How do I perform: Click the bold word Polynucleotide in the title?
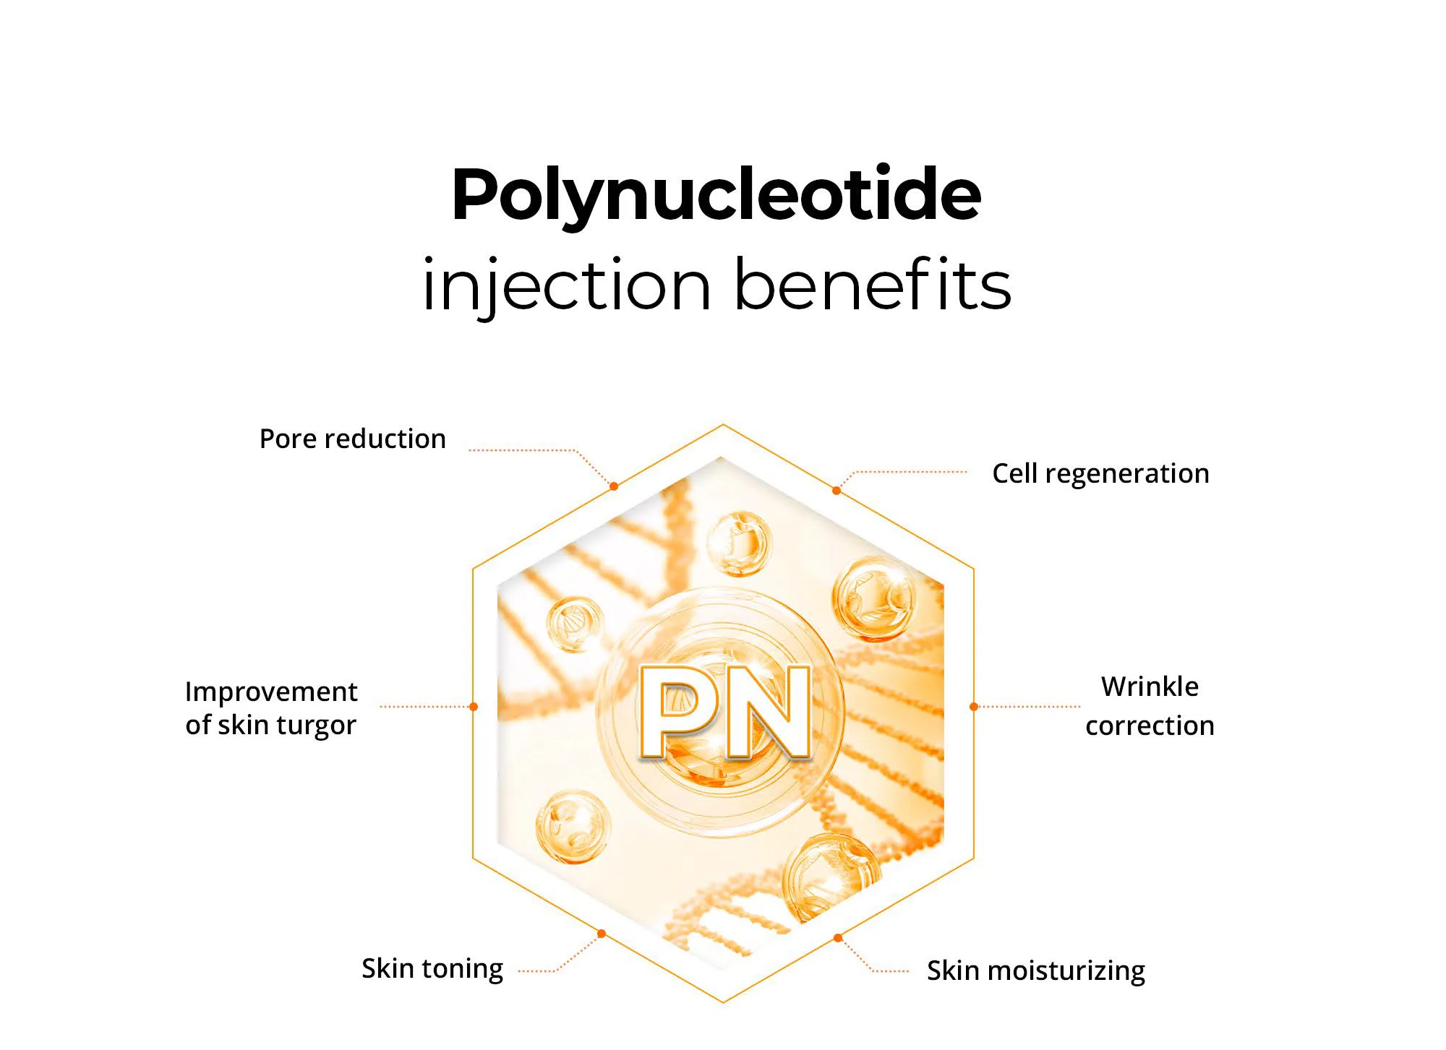[716, 195]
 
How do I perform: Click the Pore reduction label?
[353, 439]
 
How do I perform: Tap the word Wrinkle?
[1150, 687]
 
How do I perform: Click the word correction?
[1150, 726]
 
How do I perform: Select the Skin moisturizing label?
[1036, 971]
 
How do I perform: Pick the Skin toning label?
[432, 969]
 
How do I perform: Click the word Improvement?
[271, 692]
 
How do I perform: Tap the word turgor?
[317, 726]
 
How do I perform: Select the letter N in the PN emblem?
[768, 713]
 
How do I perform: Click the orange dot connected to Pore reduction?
[614, 486]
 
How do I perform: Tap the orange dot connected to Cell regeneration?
[837, 491]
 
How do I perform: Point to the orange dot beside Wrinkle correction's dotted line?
[974, 707]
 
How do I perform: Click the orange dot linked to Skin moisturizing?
[838, 938]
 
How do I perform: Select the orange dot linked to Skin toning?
[602, 934]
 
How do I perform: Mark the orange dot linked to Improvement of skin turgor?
[474, 707]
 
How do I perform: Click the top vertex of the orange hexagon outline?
[723, 425]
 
